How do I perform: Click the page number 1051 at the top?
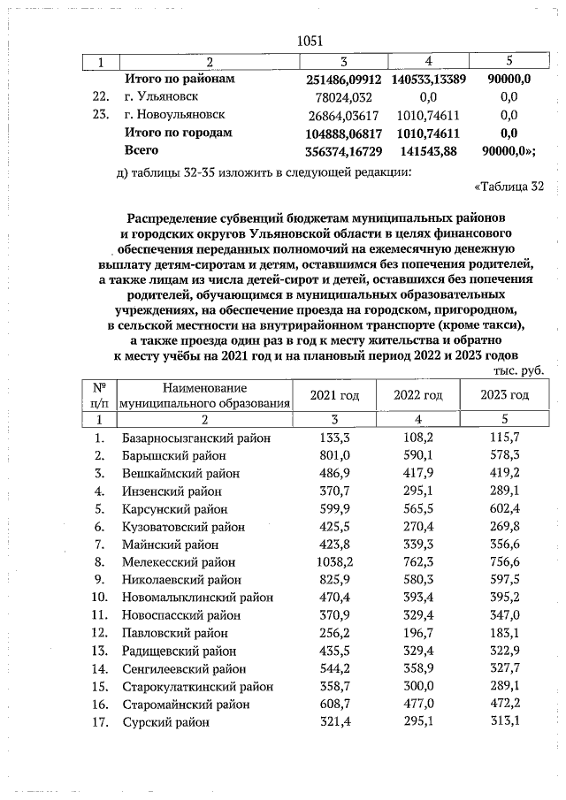coord(310,41)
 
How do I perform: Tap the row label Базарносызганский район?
coord(195,438)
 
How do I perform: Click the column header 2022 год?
coord(417,394)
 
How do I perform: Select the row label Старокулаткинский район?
coord(197,686)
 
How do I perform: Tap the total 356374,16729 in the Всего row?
coord(336,150)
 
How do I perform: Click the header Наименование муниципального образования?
coord(205,395)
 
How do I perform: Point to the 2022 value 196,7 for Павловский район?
coord(418,633)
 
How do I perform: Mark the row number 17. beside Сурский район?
coord(101,722)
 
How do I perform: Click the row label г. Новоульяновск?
coord(175,114)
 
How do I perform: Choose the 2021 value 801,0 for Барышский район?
coord(336,455)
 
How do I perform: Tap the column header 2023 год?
coord(504,394)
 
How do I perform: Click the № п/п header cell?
coord(99,395)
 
